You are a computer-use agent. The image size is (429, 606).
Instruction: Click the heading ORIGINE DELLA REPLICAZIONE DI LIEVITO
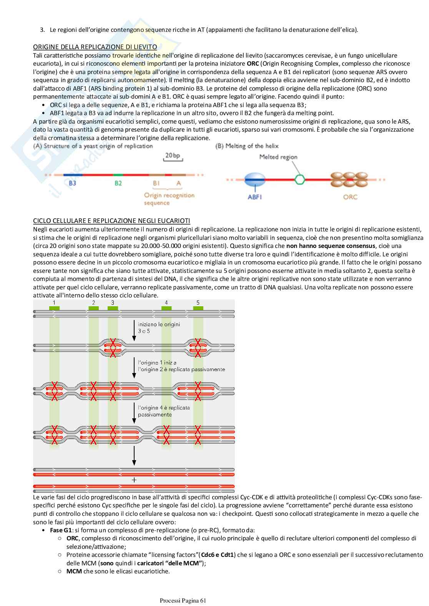[x=95, y=47]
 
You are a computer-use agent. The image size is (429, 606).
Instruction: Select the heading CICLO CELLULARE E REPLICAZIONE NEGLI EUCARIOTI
[x=111, y=221]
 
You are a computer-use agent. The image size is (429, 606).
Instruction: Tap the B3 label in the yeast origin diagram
[x=72, y=183]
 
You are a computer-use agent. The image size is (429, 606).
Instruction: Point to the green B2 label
[x=118, y=183]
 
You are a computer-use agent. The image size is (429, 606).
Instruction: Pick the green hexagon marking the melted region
[x=300, y=179]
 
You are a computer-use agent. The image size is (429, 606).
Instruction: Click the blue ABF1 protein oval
[x=254, y=179]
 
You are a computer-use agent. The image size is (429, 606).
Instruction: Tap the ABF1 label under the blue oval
[x=255, y=197]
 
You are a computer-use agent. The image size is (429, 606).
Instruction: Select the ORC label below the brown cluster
[x=350, y=197]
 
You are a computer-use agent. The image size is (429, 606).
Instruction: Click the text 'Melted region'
[x=278, y=157]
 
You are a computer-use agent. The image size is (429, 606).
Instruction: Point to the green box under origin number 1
[x=54, y=308]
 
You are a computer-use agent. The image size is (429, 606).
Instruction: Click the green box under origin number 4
[x=166, y=308]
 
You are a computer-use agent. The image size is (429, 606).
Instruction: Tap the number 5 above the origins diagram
[x=198, y=303]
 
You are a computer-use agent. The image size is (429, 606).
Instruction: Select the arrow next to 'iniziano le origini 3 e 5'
[x=134, y=330]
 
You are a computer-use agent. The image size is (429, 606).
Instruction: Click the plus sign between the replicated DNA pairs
[x=134, y=480]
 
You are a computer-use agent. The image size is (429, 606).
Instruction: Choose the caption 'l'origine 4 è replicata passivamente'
[x=164, y=411]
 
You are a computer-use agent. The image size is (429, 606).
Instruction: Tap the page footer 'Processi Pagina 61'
[x=183, y=601]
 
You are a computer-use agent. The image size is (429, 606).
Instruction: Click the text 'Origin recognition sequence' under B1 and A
[x=169, y=199]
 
